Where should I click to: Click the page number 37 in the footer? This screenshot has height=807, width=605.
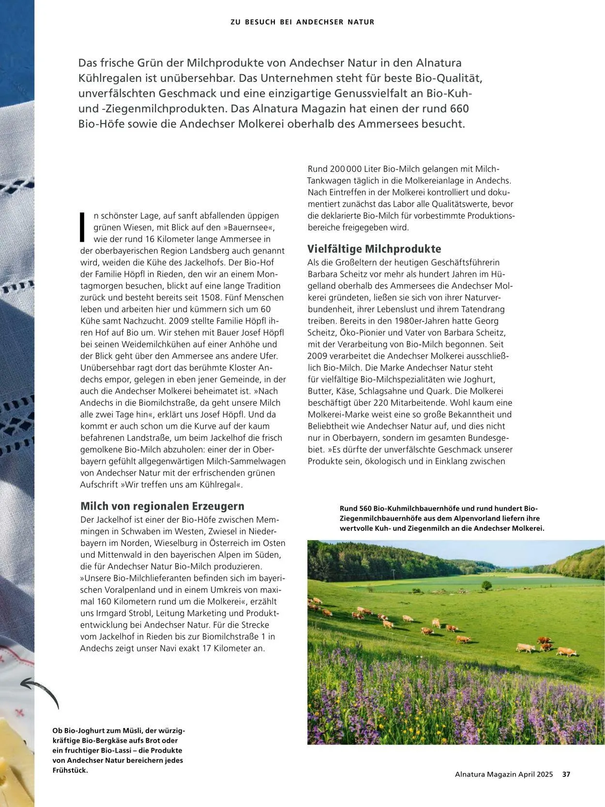(x=566, y=774)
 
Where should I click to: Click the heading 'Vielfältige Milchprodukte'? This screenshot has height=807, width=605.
(x=374, y=249)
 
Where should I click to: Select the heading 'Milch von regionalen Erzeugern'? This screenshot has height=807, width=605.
(x=162, y=506)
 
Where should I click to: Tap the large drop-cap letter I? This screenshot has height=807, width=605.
(x=83, y=227)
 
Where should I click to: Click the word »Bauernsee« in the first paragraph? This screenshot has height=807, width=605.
(x=249, y=227)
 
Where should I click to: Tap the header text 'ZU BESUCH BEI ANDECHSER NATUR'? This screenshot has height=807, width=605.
(x=302, y=22)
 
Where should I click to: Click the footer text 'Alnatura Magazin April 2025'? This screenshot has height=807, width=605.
(x=503, y=774)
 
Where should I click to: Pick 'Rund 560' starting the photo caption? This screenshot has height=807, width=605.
(x=355, y=509)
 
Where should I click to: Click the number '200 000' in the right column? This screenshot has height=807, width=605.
(x=346, y=169)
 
